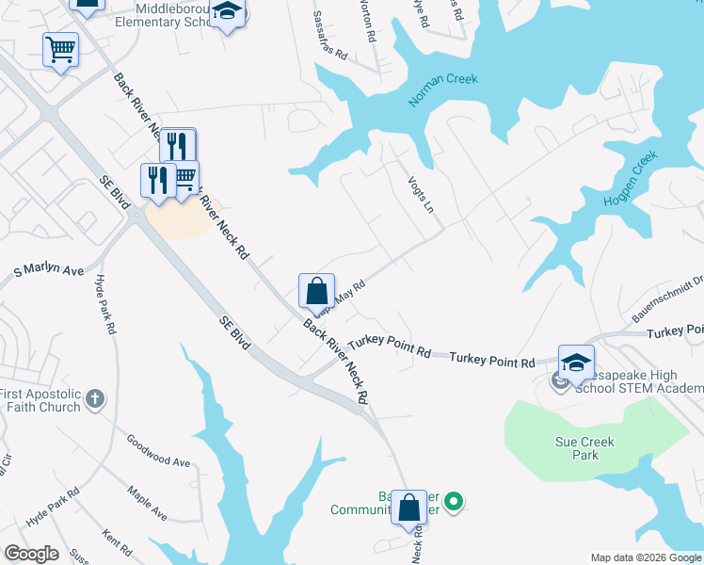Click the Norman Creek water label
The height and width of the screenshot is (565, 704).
tap(442, 90)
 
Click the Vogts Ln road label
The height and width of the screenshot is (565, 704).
tap(422, 193)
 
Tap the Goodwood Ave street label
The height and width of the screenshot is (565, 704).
tap(158, 451)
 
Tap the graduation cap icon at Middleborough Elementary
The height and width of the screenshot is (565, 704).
tap(226, 13)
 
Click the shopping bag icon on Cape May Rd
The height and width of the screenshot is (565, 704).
tap(317, 289)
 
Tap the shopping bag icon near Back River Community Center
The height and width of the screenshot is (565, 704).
tap(409, 507)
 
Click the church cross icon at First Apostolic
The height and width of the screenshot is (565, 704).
tap(93, 399)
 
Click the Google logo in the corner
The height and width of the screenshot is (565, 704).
tap(31, 554)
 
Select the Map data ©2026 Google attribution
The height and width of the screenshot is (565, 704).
tap(646, 557)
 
